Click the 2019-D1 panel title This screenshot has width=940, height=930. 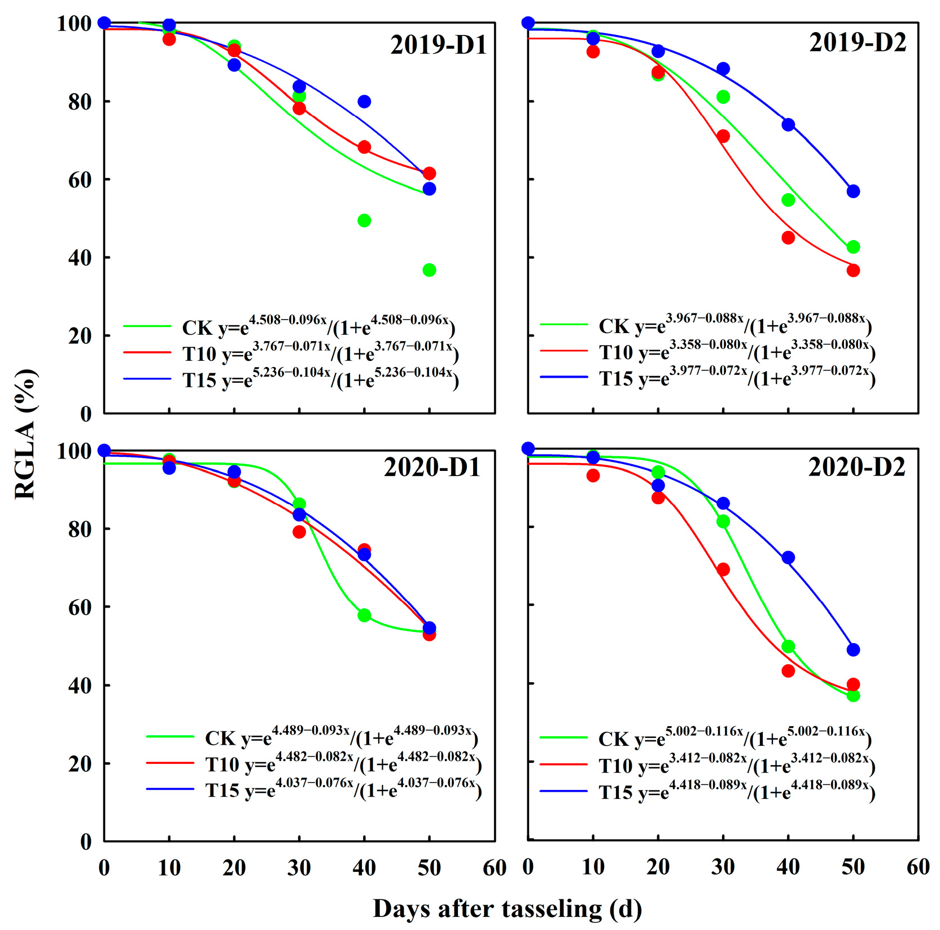(x=439, y=45)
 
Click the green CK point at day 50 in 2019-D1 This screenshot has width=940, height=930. (x=429, y=270)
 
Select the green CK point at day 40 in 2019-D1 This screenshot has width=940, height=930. (x=364, y=220)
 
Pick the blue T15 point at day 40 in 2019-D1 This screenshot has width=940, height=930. (x=364, y=102)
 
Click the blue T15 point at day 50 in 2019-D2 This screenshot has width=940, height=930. (x=853, y=191)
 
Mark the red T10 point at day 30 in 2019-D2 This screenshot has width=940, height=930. (x=723, y=136)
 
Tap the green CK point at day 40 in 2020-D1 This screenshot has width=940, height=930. (x=364, y=615)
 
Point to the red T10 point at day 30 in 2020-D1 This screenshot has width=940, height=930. (x=299, y=531)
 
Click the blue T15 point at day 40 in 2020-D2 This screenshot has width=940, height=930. (x=788, y=557)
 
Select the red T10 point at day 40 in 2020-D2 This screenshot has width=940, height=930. (x=788, y=671)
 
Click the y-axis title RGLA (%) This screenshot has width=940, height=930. (x=25, y=434)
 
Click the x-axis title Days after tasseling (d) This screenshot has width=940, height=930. (x=507, y=909)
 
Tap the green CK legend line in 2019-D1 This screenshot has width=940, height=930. (x=147, y=326)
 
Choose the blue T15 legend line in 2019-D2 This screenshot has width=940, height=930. (x=564, y=377)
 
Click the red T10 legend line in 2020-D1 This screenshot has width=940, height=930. (x=170, y=762)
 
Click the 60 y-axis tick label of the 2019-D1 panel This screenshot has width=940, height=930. (x=80, y=180)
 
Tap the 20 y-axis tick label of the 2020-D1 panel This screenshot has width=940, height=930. (x=80, y=763)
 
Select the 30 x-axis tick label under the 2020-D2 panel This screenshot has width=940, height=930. (x=723, y=867)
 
